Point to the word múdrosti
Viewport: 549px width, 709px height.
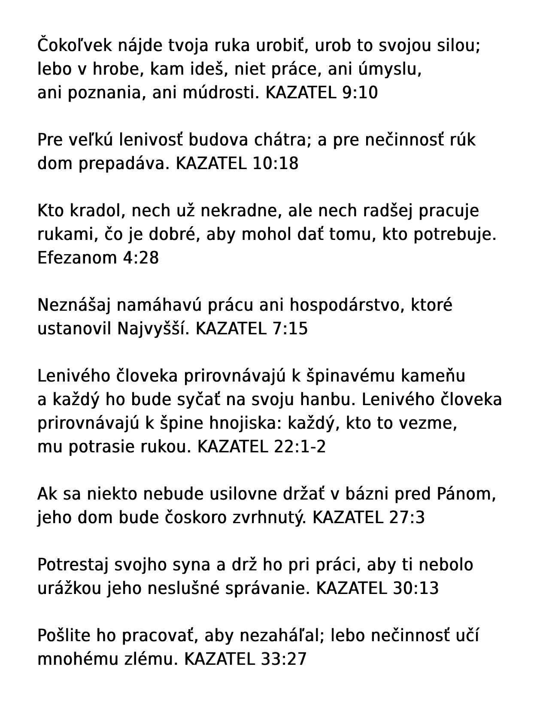coord(221,92)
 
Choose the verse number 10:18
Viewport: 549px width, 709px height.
coord(276,164)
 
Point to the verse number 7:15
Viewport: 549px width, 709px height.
coord(290,329)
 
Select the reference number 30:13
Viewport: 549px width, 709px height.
coord(416,588)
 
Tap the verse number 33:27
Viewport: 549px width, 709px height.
coord(284,659)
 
